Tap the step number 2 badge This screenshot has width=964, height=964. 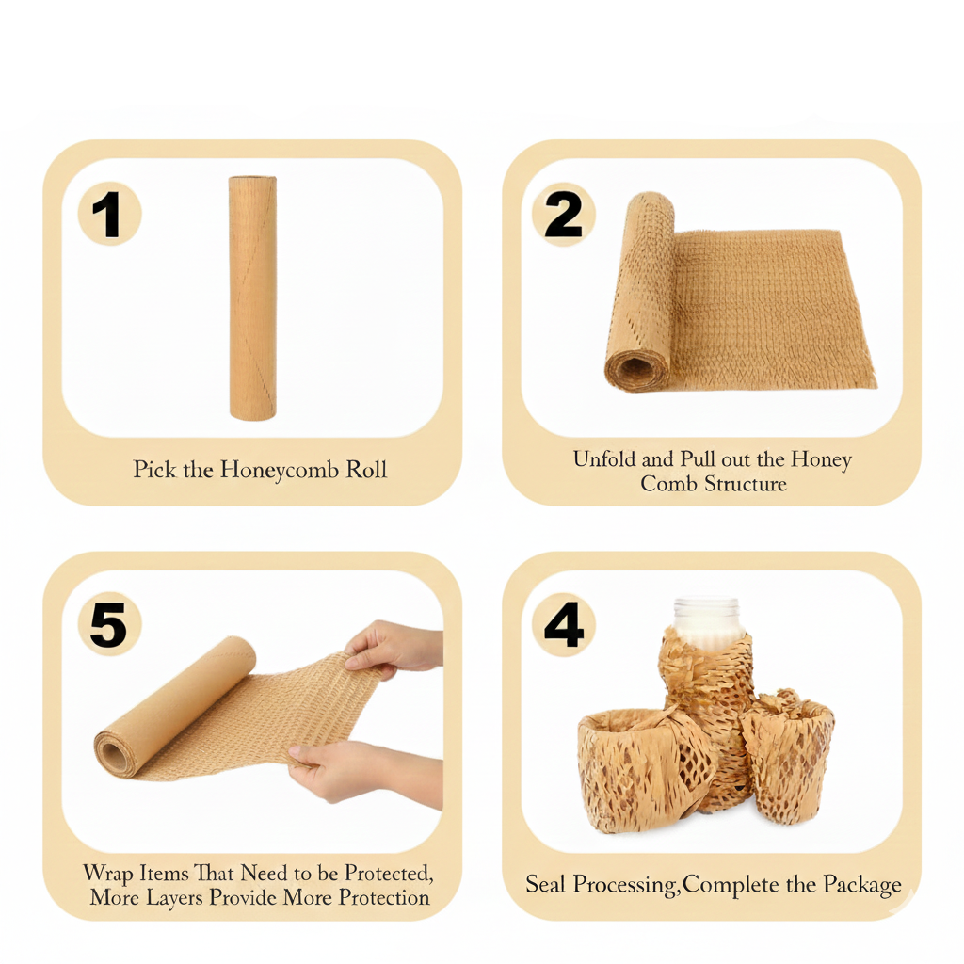click(x=563, y=215)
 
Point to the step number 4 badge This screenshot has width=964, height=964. click(x=563, y=625)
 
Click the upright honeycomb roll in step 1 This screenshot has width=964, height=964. click(x=252, y=297)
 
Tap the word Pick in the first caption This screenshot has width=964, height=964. click(x=154, y=469)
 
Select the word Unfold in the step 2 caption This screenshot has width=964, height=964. click(x=604, y=459)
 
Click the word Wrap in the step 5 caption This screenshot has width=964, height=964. click(x=108, y=873)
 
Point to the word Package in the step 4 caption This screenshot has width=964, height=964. click(x=862, y=885)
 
